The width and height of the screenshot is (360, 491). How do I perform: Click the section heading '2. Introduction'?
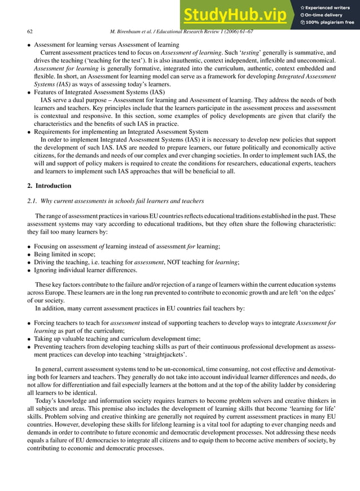[51, 186]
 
